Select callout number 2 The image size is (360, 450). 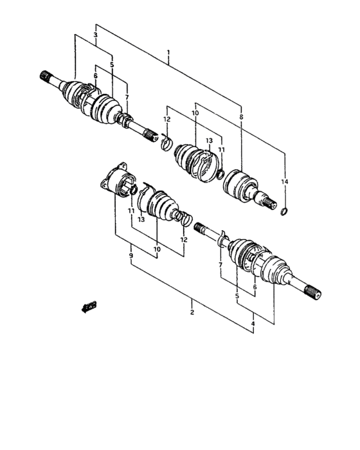192,313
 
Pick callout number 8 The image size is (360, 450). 241,117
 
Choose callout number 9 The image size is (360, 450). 130,256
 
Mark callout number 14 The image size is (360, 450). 285,182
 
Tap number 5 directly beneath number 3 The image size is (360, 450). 112,65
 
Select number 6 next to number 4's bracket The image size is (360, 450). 255,287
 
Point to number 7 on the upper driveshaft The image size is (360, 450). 127,96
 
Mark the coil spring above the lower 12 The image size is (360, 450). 183,218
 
